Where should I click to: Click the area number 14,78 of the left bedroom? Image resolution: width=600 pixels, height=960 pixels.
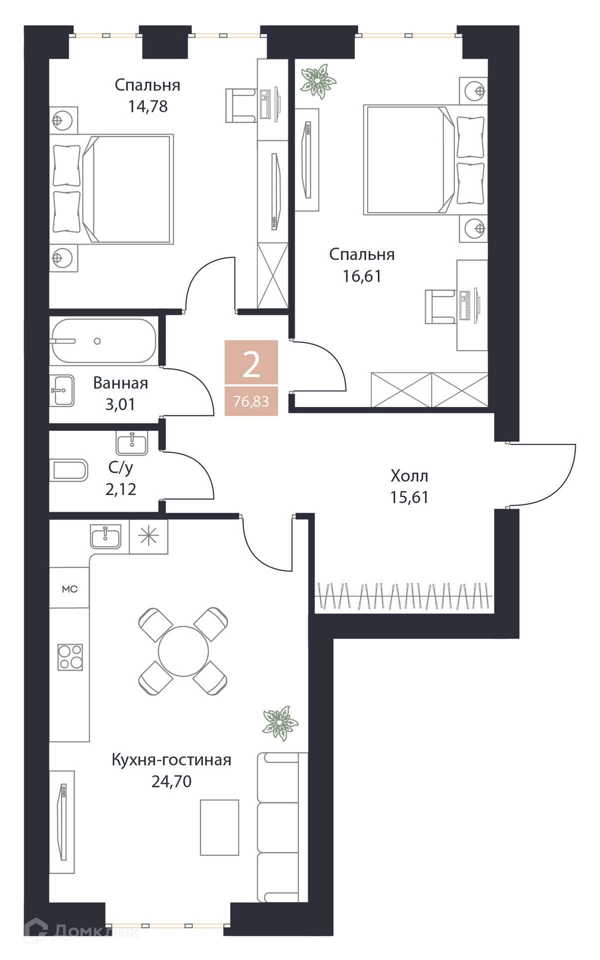click(148, 106)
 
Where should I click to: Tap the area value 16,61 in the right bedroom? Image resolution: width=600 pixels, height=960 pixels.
click(362, 276)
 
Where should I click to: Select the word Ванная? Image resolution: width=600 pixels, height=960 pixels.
click(120, 383)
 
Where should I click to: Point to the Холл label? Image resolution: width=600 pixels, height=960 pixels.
click(409, 475)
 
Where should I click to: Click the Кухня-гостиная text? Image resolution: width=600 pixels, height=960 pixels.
click(171, 760)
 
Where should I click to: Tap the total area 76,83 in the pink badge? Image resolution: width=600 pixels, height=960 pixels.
click(251, 401)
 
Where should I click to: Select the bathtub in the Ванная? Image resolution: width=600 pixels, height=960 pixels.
click(103, 341)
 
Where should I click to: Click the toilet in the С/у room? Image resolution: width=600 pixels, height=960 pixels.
click(69, 470)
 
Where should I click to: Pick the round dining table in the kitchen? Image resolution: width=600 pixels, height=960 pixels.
click(183, 651)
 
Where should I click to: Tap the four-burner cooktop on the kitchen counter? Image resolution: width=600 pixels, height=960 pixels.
click(70, 657)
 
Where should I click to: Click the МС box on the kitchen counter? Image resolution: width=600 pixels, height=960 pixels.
click(69, 588)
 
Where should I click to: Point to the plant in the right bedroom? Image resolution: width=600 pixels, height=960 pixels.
click(318, 80)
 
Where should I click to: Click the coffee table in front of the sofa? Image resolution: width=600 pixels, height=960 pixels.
click(219, 827)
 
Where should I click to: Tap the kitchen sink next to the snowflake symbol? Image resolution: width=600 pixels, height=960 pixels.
click(105, 536)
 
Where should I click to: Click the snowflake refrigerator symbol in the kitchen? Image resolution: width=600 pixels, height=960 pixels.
click(148, 536)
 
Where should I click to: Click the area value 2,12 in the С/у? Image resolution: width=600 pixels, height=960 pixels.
click(120, 489)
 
